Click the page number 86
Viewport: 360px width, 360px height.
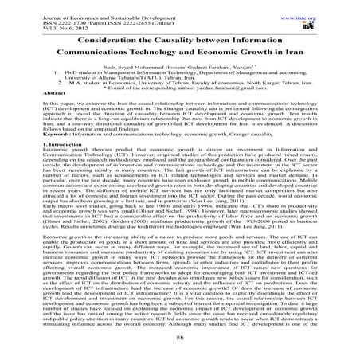[x=179, y=342]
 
